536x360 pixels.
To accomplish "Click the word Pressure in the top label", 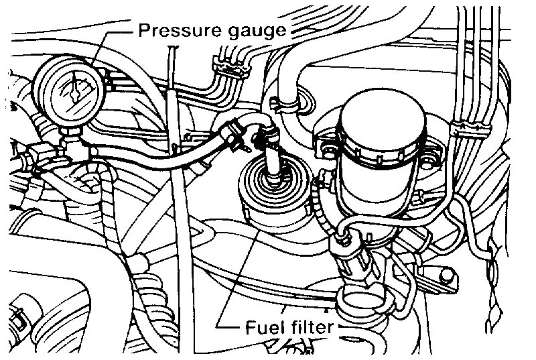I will pos(172,29).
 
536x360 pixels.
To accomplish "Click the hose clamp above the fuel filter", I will pos(262,141).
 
